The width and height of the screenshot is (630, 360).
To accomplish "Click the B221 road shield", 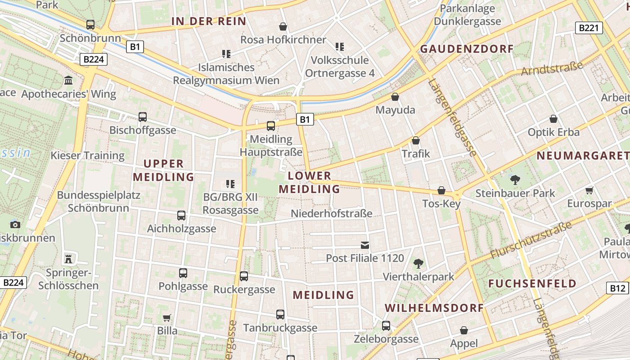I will click(589, 28).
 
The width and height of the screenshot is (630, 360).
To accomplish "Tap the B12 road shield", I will click(618, 288).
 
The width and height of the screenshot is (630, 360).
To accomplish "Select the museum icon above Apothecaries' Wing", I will click(68, 81).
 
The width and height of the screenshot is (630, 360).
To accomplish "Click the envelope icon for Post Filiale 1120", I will click(365, 245).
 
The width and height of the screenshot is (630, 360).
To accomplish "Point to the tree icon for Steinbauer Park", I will click(515, 180).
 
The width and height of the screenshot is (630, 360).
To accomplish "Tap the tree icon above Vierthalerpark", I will click(418, 263).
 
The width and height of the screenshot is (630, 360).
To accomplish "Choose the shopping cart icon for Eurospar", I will click(589, 190).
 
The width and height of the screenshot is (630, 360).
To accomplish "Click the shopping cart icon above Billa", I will click(167, 318).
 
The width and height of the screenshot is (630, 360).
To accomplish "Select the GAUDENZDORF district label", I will click(466, 49).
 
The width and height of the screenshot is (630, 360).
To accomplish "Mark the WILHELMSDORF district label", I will click(434, 308).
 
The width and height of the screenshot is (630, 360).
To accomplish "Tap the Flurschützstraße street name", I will click(531, 241).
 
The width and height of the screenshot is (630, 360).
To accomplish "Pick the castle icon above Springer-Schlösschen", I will click(68, 259).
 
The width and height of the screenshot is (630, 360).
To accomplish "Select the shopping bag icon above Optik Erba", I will click(553, 119).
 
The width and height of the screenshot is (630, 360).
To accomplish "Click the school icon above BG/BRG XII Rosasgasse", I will click(230, 184).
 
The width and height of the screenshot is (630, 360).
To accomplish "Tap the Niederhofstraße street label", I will click(332, 213).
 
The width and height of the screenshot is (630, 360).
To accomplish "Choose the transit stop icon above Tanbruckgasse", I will click(280, 315).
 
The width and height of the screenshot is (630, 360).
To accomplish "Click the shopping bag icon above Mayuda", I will click(395, 97).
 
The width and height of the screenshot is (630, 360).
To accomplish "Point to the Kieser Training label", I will click(87, 156).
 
